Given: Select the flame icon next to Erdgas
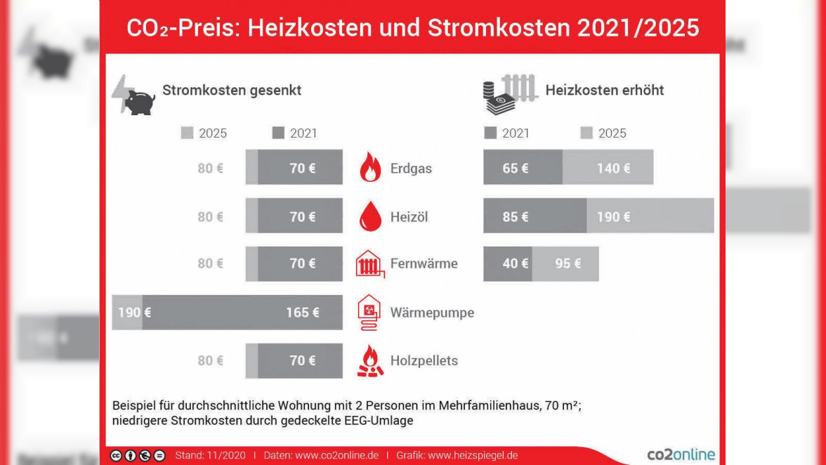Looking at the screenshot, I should click(x=370, y=169).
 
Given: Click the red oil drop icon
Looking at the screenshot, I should click(x=370, y=216).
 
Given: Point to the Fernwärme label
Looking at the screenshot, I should click(x=424, y=264).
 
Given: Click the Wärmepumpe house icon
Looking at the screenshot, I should click(x=369, y=312).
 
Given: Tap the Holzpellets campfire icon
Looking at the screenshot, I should click(x=370, y=361).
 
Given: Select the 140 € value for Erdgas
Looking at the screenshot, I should click(x=613, y=169).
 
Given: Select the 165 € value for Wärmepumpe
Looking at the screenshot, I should click(x=303, y=313).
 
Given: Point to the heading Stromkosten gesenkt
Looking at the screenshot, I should click(x=232, y=91).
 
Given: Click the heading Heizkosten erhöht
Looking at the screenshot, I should click(x=604, y=91).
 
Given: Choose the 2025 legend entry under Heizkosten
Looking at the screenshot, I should click(x=603, y=133).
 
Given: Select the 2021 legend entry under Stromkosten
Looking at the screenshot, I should click(x=295, y=133).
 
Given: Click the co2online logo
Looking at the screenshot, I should click(x=681, y=455).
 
